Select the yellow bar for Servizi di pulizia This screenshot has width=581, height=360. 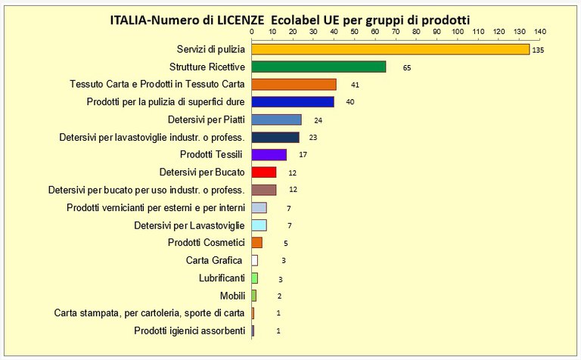[390, 49]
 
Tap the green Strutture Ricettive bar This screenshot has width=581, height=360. [318, 67]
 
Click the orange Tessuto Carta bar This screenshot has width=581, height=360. [294, 84]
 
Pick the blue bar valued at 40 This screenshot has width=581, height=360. [292, 101]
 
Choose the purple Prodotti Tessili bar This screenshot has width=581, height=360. [269, 154]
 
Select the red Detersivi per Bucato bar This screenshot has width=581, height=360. [263, 172]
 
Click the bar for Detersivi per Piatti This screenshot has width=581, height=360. [276, 119]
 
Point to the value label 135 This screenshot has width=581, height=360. [539, 50]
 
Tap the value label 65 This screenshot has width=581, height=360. [406, 67]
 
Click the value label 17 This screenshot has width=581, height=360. [303, 155]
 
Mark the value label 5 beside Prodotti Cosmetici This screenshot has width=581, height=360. [286, 244]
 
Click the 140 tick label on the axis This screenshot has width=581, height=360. [539, 33]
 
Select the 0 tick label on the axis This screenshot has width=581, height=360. [252, 33]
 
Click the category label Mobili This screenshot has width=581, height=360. [232, 295]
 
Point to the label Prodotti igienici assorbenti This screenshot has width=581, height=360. [189, 331]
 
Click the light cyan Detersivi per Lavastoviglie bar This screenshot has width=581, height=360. [259, 225]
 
